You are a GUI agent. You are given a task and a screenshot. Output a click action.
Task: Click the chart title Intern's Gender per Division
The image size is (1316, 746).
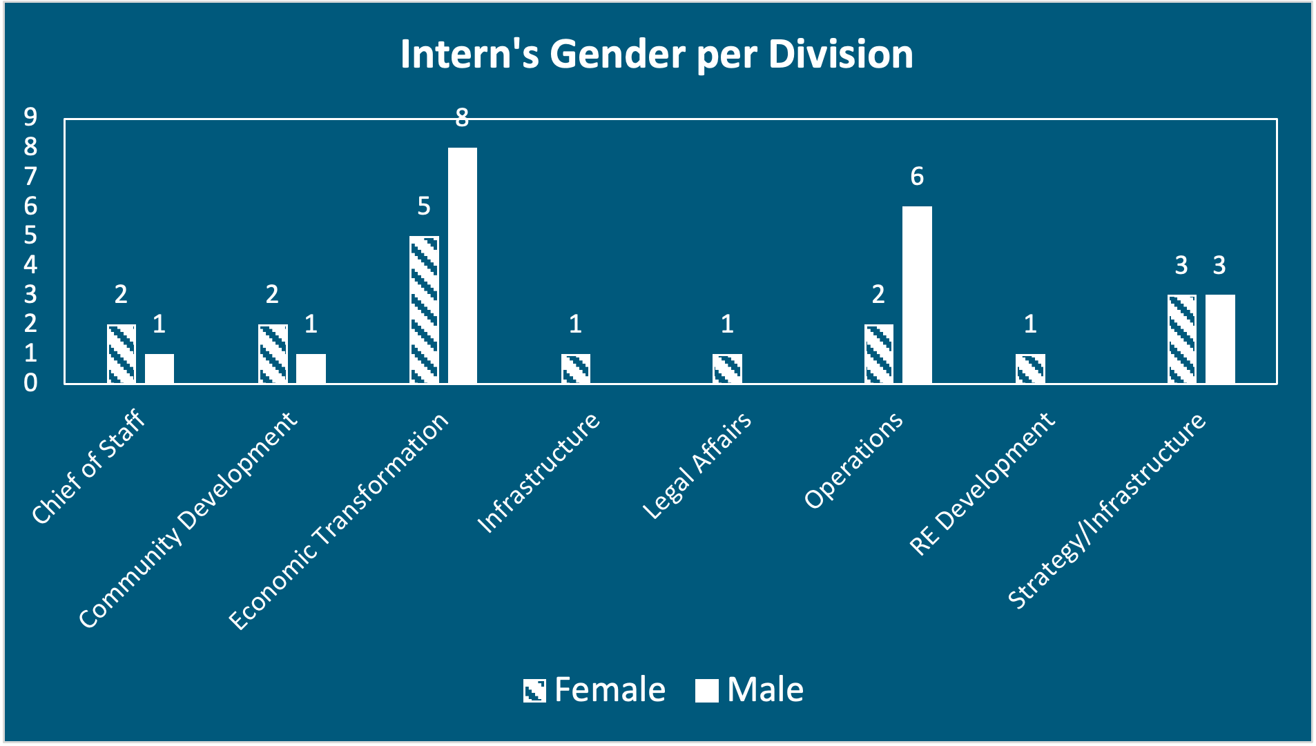pos(657,54)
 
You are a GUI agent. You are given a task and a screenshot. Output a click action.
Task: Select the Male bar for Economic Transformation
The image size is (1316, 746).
pos(462,266)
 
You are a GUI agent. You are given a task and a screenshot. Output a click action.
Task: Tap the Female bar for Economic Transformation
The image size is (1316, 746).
pos(424,310)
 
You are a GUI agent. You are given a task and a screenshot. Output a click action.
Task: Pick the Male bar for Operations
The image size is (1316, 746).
pos(917,295)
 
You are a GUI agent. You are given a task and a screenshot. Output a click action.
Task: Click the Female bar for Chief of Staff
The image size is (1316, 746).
pos(122,354)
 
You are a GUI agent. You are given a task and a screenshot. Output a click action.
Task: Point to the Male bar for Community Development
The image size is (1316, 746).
pos(311,369)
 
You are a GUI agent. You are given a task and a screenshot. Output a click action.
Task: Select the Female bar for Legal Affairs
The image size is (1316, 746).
pos(727,369)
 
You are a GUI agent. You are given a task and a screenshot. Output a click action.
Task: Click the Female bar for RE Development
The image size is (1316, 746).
pos(1030,369)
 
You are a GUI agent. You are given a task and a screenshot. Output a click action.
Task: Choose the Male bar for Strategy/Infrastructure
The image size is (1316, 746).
pos(1220,339)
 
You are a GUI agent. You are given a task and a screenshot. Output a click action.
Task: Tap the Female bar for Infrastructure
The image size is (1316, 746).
pos(576,369)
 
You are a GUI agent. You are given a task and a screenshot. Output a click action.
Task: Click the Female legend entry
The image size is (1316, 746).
pos(594,689)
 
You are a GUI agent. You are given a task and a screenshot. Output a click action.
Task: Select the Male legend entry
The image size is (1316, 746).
pos(750,689)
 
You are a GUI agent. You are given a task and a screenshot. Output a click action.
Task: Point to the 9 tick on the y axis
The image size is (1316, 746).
pos(30,117)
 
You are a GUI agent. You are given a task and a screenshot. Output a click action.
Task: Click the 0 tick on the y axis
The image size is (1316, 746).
pos(30,383)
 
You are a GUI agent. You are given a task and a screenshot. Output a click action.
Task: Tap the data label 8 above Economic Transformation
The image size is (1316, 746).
pos(462,118)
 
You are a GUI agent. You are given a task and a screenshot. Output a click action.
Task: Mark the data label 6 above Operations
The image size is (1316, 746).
pos(917,177)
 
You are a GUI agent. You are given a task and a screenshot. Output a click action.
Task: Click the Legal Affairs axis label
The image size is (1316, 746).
pos(697,466)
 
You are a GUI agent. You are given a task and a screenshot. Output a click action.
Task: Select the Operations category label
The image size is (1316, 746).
pos(854,460)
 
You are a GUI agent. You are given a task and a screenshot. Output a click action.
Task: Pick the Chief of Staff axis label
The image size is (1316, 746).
pos(88,467)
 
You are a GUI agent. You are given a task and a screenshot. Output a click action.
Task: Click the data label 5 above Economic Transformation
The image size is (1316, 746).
pos(424,206)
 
